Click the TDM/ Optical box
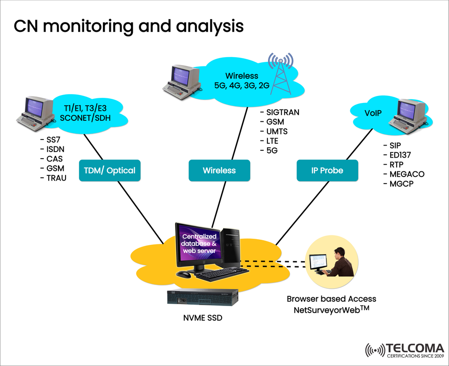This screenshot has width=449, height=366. coord(110,170)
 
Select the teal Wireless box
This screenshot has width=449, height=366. coord(219,170)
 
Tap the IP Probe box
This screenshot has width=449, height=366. coord(327,170)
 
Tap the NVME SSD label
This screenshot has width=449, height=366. coord(203,318)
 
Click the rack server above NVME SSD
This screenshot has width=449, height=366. coord(203,297)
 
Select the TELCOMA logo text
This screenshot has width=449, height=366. coord(414,348)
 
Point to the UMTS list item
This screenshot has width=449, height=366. coord(276,132)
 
